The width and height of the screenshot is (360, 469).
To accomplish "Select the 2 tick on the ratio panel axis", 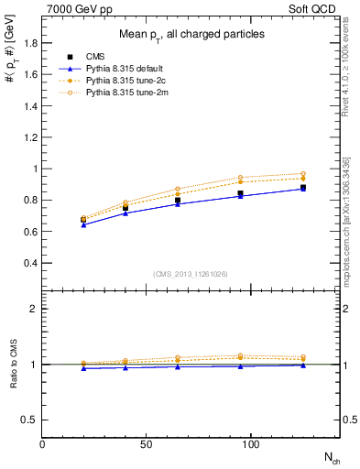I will pos(34,309).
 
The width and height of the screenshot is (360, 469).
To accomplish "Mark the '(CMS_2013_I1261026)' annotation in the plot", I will pos(191,273).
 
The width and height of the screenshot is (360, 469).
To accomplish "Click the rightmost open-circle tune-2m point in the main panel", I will pos(302,174).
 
